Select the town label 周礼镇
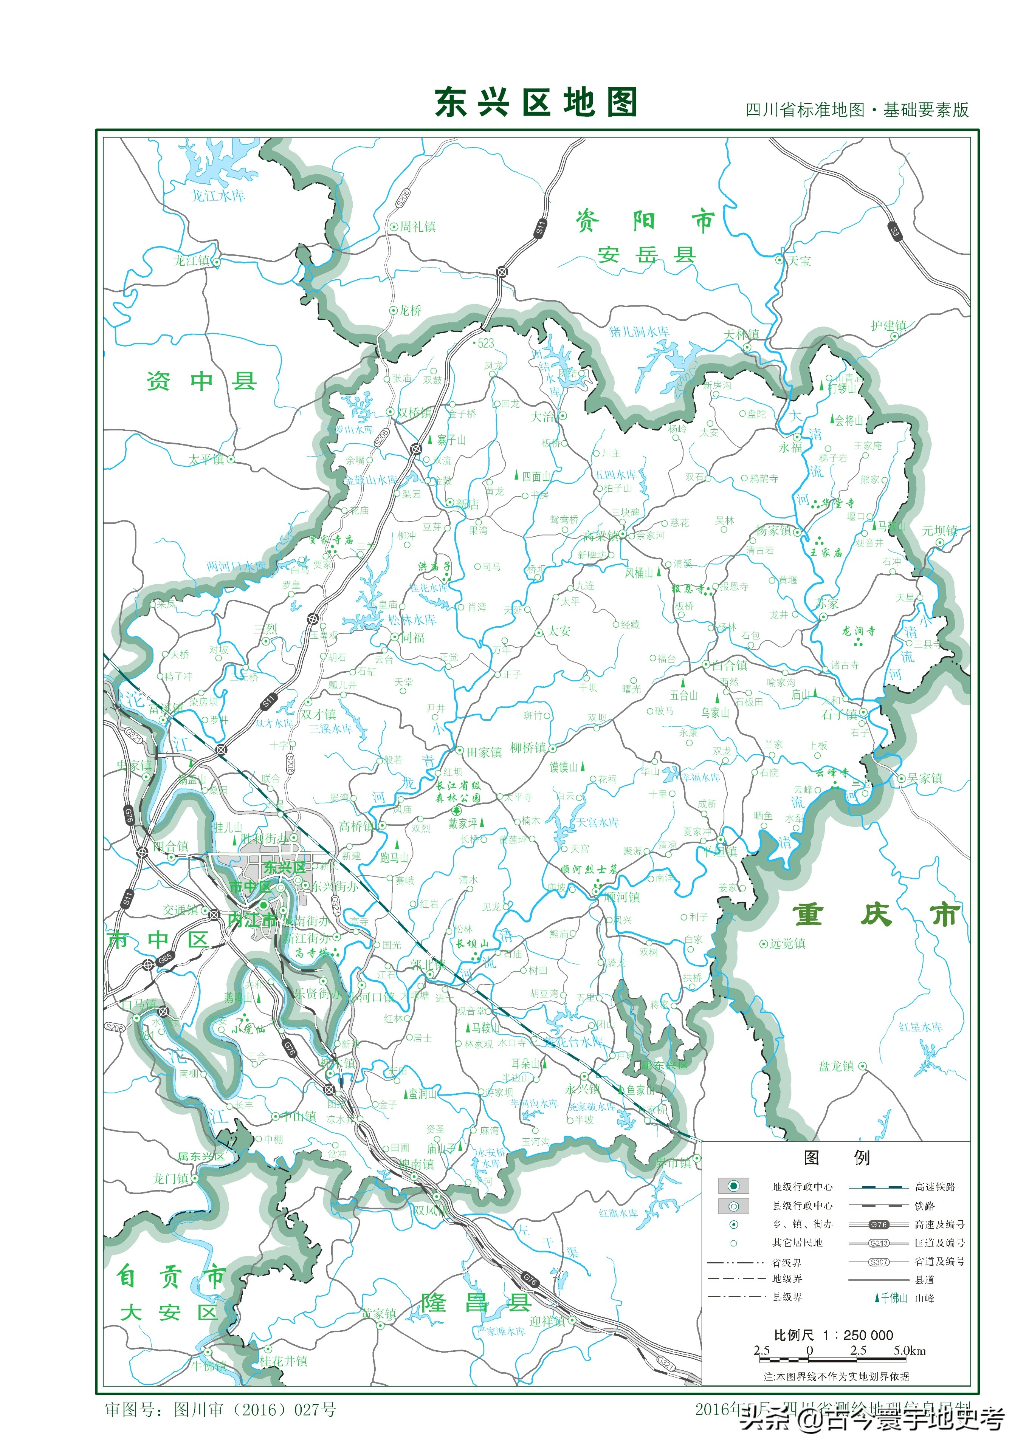pos(417,226)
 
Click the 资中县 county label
pos(201,381)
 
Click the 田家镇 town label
pos(484,752)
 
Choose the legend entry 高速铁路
pos(934,1186)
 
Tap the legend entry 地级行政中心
pos(802,1186)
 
